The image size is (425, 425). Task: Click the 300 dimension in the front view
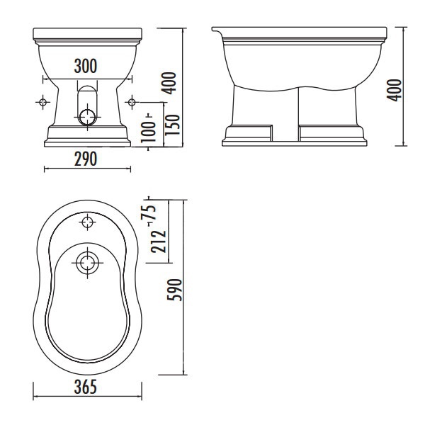pyautogui.click(x=86, y=66)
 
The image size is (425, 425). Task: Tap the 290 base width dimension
pyautogui.click(x=86, y=159)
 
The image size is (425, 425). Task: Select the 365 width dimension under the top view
pyautogui.click(x=86, y=387)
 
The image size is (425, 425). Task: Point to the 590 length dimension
pyautogui.click(x=174, y=290)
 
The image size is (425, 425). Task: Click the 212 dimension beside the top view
pyautogui.click(x=159, y=242)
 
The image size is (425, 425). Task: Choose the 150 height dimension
pyautogui.click(x=172, y=125)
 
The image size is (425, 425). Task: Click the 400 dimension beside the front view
pyautogui.click(x=169, y=83)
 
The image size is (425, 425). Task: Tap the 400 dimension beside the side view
pyautogui.click(x=395, y=90)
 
